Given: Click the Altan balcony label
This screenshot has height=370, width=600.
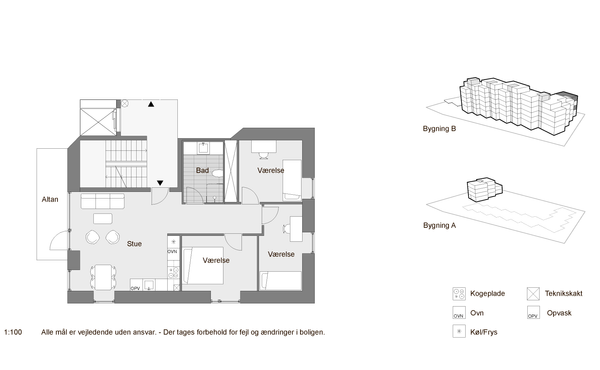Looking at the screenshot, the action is [x=50, y=199].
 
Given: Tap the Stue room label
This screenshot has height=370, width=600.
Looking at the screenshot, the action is [x=134, y=244].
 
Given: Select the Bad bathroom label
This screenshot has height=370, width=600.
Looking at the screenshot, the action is [x=202, y=170].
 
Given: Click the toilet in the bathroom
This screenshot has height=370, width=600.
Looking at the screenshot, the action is [x=217, y=173].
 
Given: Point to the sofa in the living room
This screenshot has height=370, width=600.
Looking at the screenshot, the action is [x=103, y=201].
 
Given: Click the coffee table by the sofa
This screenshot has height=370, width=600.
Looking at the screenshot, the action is [x=103, y=218].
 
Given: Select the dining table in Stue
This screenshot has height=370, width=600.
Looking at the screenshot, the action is [x=103, y=277].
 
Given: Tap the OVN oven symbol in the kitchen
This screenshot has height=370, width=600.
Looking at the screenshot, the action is [x=173, y=251].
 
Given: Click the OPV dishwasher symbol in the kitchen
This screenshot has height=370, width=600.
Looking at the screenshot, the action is [x=136, y=285].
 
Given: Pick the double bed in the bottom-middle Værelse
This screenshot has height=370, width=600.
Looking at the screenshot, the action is [x=203, y=266].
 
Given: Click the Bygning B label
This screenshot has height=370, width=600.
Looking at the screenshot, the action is [x=439, y=129].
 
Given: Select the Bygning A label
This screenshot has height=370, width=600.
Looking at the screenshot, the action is [x=439, y=225].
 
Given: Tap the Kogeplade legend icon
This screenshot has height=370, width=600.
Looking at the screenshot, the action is [x=459, y=294].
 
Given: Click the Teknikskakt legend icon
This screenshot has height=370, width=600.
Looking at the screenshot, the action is [x=533, y=294].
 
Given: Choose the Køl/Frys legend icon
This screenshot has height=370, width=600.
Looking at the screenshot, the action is [x=459, y=331].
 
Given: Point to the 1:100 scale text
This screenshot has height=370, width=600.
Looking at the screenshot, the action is [x=13, y=333].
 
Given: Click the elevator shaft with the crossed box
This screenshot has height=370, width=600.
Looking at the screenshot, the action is [x=98, y=122].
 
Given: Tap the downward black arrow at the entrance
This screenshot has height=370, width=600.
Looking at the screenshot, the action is [x=160, y=183].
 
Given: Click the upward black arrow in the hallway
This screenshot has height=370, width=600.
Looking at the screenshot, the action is [x=151, y=104].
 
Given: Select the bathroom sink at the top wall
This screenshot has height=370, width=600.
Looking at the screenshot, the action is [x=203, y=148].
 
